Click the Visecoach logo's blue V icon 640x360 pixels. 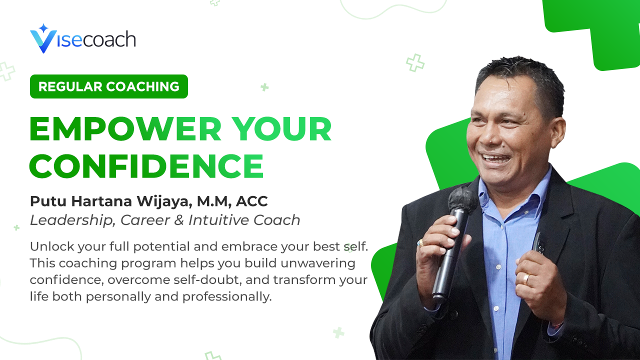click(x=41, y=40)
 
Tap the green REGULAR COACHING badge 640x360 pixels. click(x=108, y=86)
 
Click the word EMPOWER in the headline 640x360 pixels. click(x=125, y=130)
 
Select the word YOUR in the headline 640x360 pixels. click(x=283, y=130)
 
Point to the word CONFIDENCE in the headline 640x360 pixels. click(x=146, y=166)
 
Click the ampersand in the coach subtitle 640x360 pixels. click(x=179, y=220)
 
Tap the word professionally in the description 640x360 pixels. click(x=227, y=296)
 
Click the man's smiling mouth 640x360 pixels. click(x=495, y=158)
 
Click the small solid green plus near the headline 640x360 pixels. click(x=264, y=87)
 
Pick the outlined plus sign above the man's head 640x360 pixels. click(x=415, y=62)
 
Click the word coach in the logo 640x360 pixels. click(x=109, y=39)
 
